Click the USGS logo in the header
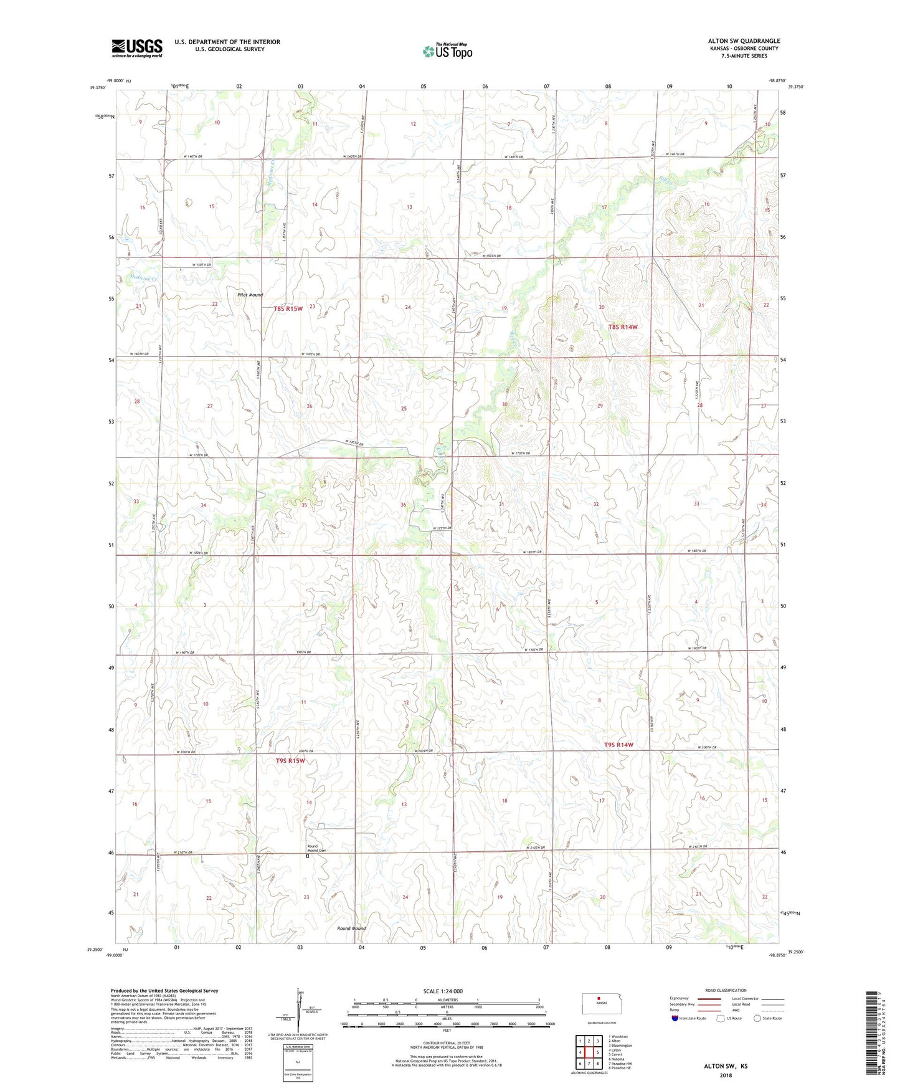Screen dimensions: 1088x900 tap(137, 48)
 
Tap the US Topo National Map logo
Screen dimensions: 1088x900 tap(447, 50)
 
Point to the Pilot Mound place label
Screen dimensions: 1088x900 tap(249, 295)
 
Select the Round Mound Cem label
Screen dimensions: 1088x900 tap(316, 848)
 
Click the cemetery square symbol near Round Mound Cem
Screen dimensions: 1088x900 tap(307, 856)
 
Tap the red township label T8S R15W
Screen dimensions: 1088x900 tap(288, 308)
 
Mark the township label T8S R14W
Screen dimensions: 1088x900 tap(623, 327)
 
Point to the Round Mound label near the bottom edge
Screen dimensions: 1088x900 tap(351, 928)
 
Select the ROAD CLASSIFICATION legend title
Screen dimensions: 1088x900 tap(726, 990)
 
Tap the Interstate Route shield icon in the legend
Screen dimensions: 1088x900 tap(675, 1018)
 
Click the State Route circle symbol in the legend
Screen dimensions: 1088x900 tap(757, 1018)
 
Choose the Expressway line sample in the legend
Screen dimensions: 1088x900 tap(709, 998)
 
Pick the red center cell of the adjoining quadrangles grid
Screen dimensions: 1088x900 tap(589, 1052)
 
